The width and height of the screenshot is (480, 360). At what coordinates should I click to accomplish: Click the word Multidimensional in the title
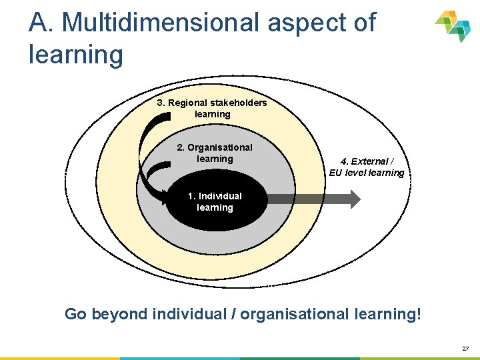pos(160,23)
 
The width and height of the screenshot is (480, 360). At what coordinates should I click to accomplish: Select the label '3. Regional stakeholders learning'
pos(212,108)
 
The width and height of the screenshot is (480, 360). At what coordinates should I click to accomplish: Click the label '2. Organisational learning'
pos(215,153)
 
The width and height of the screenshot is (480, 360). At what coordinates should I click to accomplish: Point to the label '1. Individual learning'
pos(215,201)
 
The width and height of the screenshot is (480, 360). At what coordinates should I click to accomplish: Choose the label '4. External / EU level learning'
pos(367,167)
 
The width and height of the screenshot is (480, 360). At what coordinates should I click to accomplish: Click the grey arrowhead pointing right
pos(353,199)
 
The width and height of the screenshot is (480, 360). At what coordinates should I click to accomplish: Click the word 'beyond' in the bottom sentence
pos(120,313)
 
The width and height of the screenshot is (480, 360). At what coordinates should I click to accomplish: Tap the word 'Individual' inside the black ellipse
pos(220,196)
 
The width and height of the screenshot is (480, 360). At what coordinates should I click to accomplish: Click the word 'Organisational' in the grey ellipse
pos(220,147)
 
